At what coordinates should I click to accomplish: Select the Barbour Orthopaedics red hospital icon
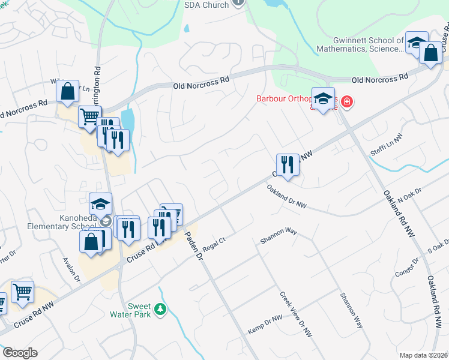pos(346,103)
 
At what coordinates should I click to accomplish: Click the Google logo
pos(20,353)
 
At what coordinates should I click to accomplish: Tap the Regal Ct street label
pos(214,242)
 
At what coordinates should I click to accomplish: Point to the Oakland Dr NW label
pos(286,197)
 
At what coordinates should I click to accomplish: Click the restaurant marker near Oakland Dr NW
pos(288,165)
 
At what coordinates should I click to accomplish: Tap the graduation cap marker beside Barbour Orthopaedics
pos(323,100)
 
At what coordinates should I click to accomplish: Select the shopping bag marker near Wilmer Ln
pos(68,93)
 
